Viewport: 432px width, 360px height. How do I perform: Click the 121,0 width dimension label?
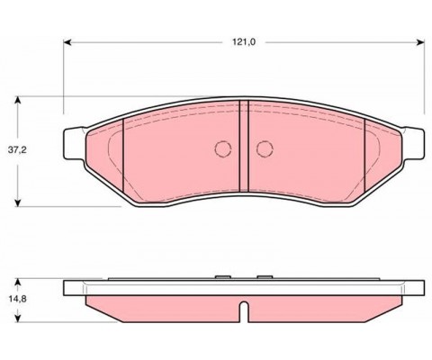[x=244, y=42]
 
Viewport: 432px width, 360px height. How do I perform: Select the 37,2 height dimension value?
[x=17, y=150]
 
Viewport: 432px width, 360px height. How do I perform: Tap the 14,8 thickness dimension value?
[x=17, y=299]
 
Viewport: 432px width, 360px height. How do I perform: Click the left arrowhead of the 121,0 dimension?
[x=67, y=42]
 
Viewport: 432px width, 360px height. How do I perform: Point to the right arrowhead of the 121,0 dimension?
[x=420, y=42]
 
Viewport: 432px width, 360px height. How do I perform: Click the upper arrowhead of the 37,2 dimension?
[x=18, y=100]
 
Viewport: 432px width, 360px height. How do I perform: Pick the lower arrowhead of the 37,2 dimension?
[x=18, y=202]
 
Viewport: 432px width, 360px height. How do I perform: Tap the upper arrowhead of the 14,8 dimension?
[x=18, y=283]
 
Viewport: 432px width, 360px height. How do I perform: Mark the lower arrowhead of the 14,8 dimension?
[x=18, y=319]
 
